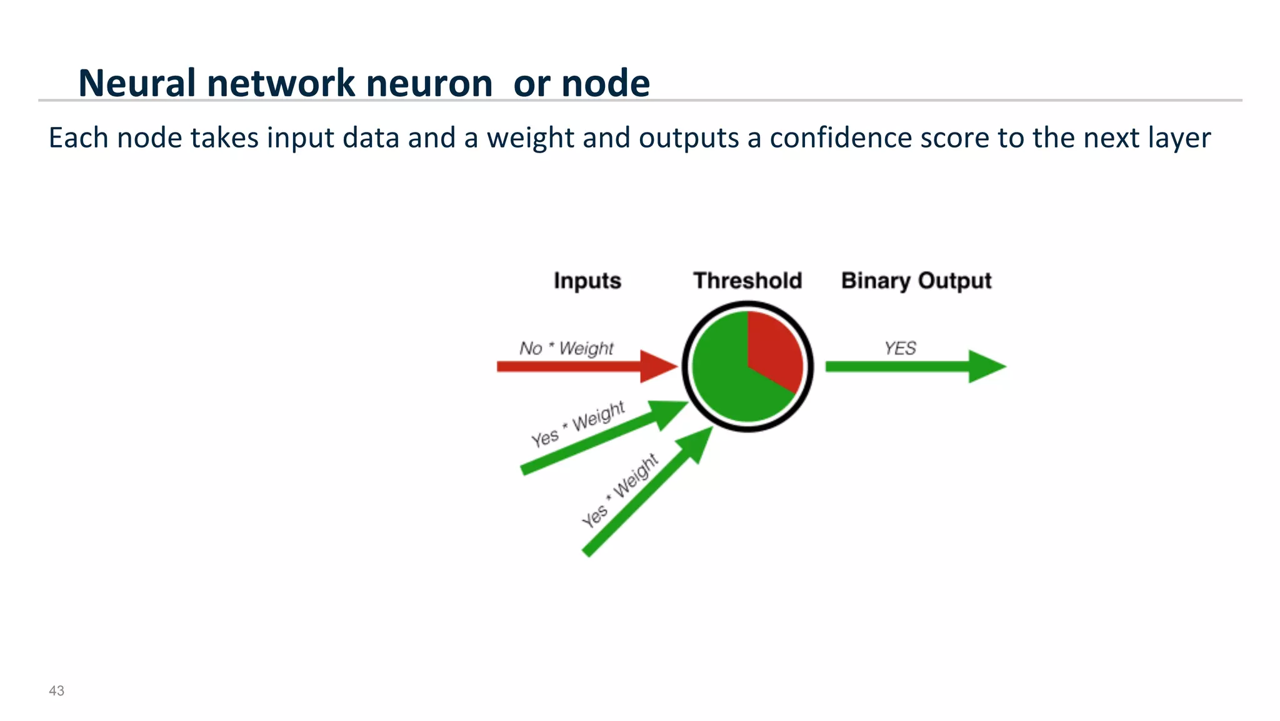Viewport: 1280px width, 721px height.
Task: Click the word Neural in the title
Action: pos(137,83)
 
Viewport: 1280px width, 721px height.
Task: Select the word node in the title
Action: pos(606,83)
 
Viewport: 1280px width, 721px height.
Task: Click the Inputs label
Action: pos(587,281)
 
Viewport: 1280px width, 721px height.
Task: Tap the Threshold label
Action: pos(747,281)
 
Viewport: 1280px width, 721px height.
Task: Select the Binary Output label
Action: pos(916,281)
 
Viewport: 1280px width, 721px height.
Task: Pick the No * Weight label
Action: pos(566,348)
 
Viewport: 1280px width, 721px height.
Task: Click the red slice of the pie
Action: pos(775,350)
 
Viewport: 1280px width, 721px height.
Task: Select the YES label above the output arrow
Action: pos(900,348)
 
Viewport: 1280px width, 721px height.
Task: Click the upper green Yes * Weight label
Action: pos(577,425)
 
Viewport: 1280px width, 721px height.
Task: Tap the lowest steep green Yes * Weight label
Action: pos(619,491)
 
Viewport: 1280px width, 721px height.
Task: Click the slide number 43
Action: pos(56,691)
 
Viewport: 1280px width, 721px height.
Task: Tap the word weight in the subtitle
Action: pos(531,138)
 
